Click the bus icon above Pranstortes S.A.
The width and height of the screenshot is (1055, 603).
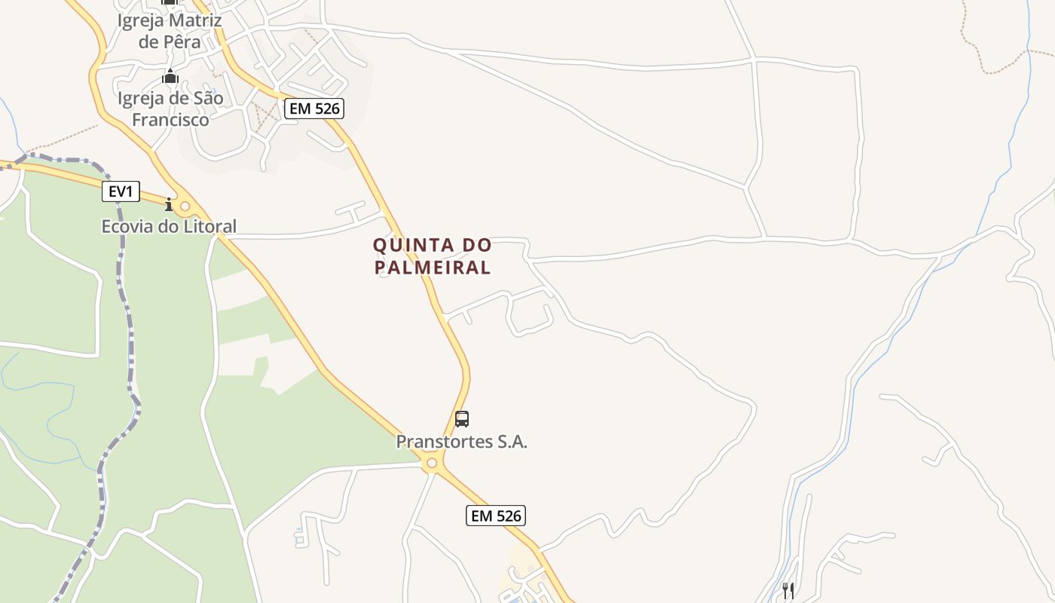(462, 419)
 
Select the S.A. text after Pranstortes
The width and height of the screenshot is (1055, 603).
(512, 442)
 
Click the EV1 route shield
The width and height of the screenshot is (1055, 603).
(121, 192)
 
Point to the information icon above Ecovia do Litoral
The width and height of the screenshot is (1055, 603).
(169, 204)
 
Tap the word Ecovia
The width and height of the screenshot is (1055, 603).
(126, 226)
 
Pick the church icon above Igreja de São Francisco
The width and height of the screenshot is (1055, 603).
(170, 76)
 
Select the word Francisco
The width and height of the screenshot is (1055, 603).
(170, 119)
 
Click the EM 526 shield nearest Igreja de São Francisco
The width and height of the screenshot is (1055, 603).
(314, 109)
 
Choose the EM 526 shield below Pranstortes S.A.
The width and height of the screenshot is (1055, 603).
(495, 516)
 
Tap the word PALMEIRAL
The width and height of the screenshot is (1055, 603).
(433, 267)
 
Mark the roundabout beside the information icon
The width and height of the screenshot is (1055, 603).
(185, 206)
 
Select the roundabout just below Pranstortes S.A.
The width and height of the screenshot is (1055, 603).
(432, 464)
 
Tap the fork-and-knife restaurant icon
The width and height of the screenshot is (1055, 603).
(788, 590)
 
